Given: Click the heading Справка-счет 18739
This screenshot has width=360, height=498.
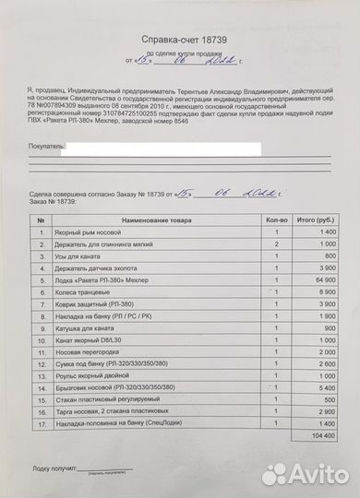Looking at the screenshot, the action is [180, 41].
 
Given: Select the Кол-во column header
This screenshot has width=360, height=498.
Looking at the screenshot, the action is [264, 221].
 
